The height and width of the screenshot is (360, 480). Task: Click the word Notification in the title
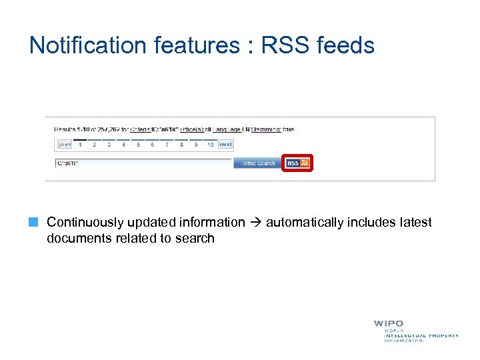87,45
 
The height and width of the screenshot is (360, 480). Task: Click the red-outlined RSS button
297,163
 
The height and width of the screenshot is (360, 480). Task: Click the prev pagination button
65,144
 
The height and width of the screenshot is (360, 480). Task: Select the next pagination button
225,144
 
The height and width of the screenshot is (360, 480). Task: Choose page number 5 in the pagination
138,144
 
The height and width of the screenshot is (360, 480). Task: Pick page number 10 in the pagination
210,144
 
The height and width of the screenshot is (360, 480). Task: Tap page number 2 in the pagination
95,144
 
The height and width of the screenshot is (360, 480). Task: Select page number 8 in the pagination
181,144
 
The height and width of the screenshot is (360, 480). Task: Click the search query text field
143,163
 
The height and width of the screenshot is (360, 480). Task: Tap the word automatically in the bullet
305,223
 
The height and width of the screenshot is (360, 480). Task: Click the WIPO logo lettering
388,324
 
